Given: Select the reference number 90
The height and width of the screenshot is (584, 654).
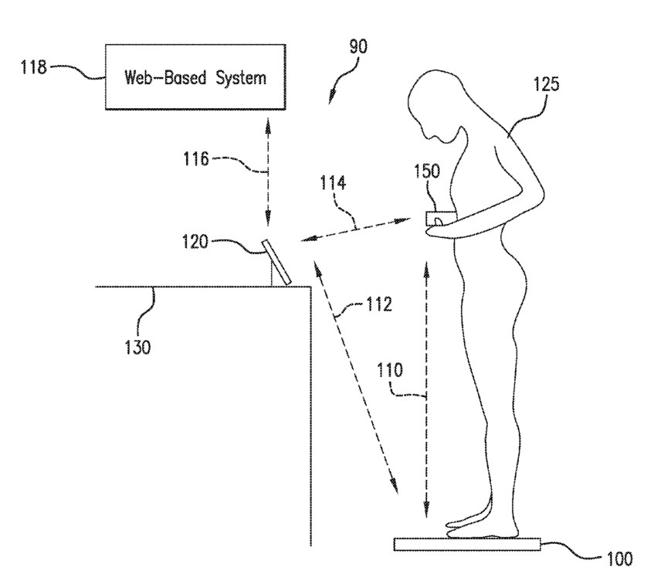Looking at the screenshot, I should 357,47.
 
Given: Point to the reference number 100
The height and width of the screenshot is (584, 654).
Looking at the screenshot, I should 617,558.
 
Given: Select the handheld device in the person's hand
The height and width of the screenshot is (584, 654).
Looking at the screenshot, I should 437,220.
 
